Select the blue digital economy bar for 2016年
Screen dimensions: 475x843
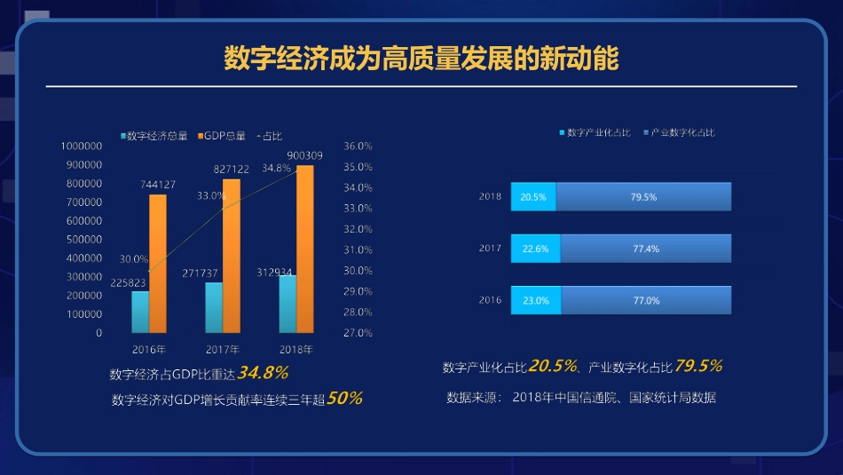pos(140,312)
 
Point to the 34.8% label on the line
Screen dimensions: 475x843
pos(276,168)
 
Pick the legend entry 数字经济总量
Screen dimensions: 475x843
pos(156,136)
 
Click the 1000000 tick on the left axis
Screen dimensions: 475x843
pos(81,146)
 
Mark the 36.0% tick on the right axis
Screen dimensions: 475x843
pos(358,146)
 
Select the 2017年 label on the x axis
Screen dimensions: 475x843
pos(223,349)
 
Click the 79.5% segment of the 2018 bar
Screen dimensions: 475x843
pos(643,197)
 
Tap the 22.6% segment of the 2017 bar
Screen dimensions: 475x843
pos(536,249)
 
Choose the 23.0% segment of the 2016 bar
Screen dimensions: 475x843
pos(536,300)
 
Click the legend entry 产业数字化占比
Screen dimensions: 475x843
pos(681,132)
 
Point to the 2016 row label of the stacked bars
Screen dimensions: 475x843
pos(491,300)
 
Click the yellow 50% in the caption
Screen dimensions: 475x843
pos(344,399)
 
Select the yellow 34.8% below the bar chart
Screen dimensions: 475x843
pos(263,373)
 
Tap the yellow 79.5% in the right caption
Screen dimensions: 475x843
pos(698,366)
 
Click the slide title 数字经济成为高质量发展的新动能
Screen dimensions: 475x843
pos(421,59)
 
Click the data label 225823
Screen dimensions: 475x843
pos(129,283)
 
